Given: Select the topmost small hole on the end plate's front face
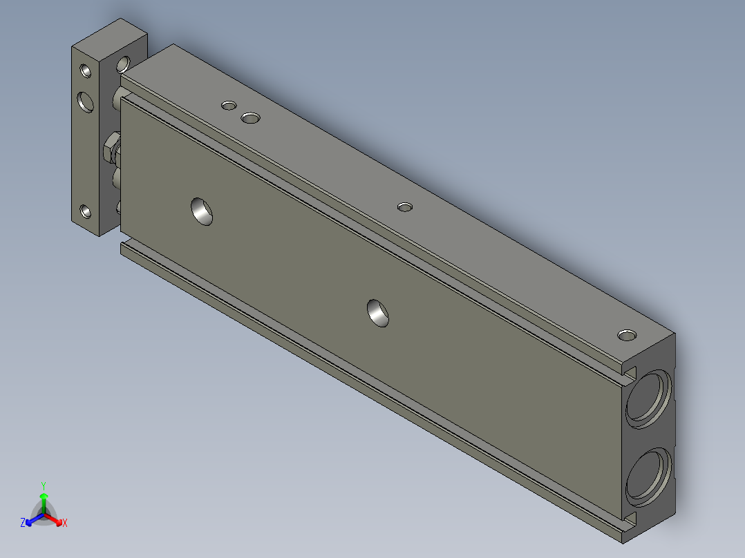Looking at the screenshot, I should tap(85, 70).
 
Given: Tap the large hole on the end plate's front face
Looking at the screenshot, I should tap(86, 102).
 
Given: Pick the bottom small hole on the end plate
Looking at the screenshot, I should tap(85, 211).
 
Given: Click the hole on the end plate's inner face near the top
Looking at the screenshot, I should tap(123, 64).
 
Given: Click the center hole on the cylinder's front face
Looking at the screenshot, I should tap(377, 312).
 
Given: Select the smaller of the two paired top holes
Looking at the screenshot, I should tap(229, 106).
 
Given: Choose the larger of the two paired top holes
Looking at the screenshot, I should tap(250, 118).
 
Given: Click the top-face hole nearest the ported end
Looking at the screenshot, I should tap(627, 335).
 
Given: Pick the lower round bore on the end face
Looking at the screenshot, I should tap(649, 474).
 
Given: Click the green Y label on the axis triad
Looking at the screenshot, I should tap(43, 485).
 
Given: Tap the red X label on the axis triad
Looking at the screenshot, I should tap(64, 523).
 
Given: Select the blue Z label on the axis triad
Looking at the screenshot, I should tap(23, 523).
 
